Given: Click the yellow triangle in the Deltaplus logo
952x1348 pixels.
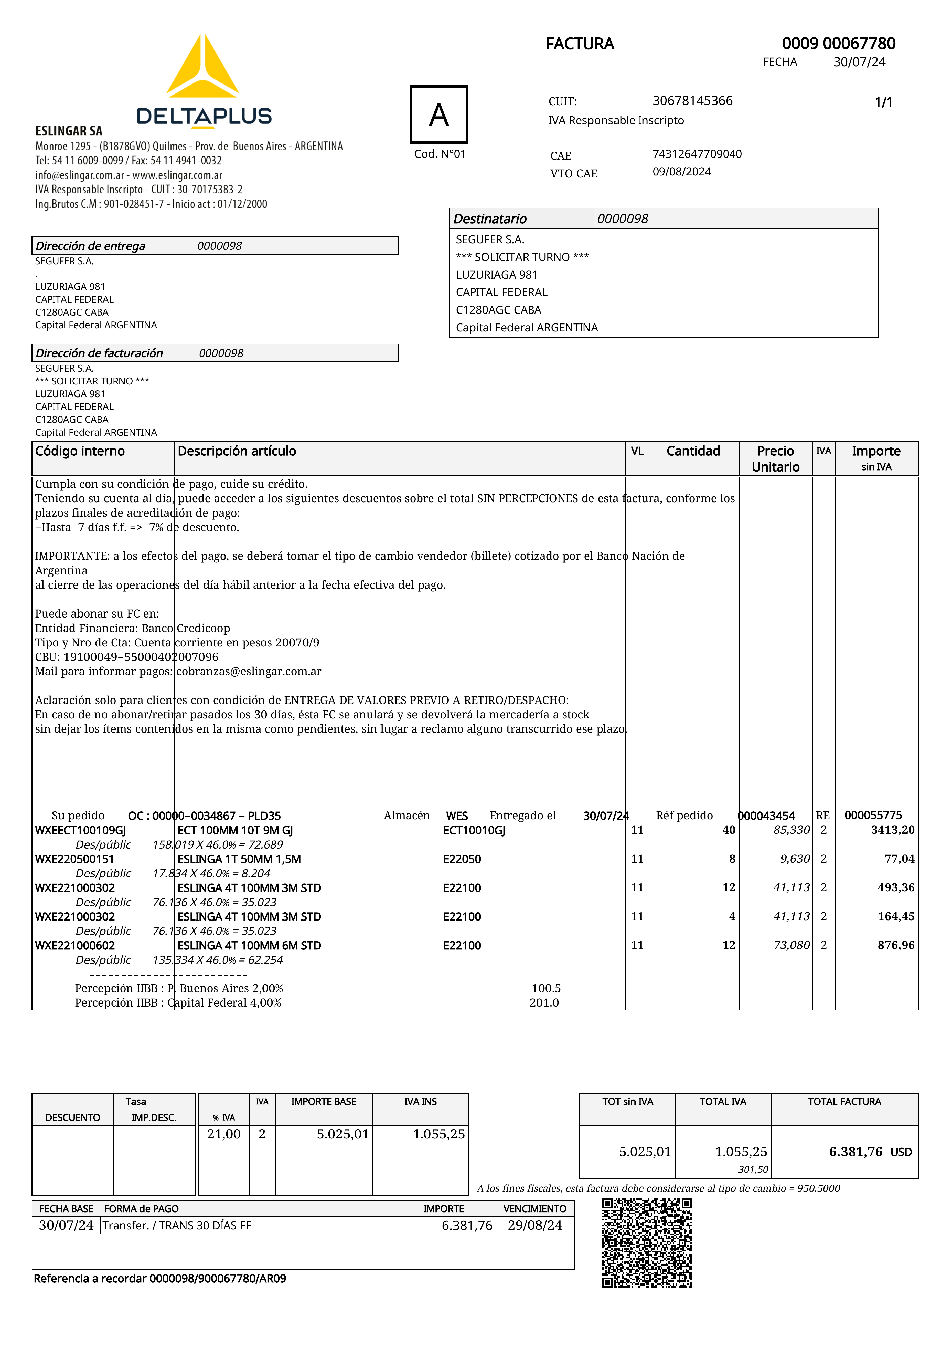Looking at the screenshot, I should click(x=202, y=69).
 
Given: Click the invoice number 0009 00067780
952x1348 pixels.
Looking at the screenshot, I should click(x=838, y=44).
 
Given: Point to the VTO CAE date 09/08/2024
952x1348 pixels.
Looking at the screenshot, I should click(x=681, y=171).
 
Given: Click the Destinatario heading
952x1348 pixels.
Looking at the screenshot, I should click(x=490, y=219).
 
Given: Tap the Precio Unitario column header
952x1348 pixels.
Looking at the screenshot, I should click(x=775, y=458).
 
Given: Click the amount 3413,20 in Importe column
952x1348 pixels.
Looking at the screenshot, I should click(x=892, y=830).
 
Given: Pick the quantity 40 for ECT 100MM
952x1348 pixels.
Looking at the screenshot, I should click(x=728, y=830).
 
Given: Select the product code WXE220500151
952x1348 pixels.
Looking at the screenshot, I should click(x=74, y=859).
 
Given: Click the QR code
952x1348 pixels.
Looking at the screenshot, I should click(x=647, y=1243).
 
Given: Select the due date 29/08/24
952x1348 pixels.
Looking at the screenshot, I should click(x=535, y=1225).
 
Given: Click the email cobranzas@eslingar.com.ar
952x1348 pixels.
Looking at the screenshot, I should click(x=249, y=671).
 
